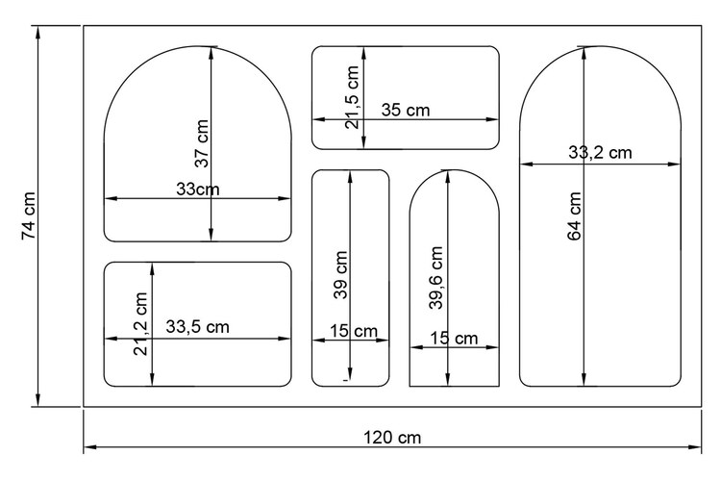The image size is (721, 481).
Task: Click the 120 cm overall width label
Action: click(x=392, y=438)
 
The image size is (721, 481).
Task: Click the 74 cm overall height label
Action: click(x=29, y=215)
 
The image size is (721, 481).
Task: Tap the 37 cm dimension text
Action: click(x=202, y=143)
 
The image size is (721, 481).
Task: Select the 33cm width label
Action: click(x=198, y=190)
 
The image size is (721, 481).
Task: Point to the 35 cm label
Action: click(x=406, y=110)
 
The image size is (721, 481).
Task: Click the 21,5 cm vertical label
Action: click(x=352, y=97)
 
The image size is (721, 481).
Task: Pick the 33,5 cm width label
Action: click(x=197, y=327)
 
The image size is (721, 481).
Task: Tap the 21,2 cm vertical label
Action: click(x=140, y=323)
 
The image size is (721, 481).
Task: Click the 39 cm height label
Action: click(x=340, y=275)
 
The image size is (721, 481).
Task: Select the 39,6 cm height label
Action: click(x=435, y=278)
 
